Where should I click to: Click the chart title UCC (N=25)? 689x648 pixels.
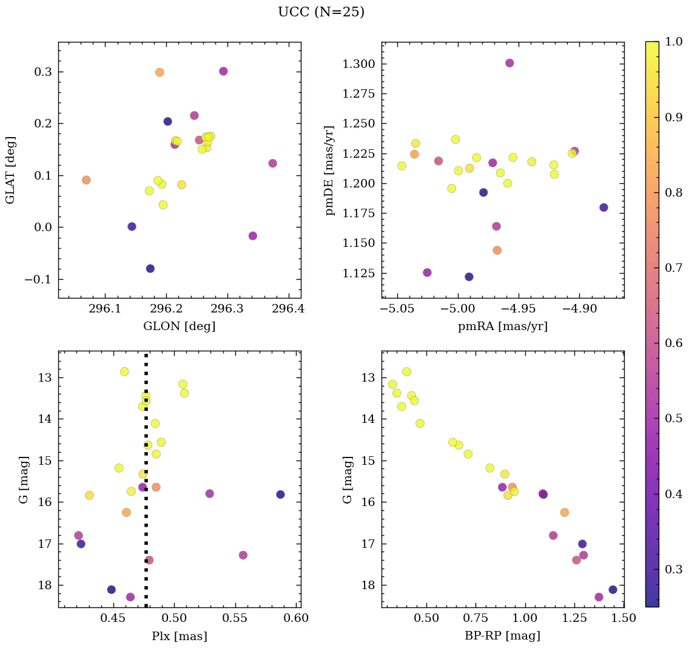[x=321, y=12]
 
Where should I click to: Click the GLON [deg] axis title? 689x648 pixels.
[x=179, y=326]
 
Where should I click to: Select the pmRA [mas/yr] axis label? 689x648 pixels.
[x=502, y=326]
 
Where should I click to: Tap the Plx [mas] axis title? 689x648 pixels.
[x=179, y=636]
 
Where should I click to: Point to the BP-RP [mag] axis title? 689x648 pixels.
[x=502, y=636]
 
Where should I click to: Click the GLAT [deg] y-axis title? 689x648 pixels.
[x=10, y=170]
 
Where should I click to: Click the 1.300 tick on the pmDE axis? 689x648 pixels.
[x=360, y=64]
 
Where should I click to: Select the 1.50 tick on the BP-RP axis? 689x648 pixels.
[x=623, y=619]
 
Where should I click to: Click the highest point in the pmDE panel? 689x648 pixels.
[x=509, y=63]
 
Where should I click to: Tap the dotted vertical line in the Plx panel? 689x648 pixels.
[x=146, y=485]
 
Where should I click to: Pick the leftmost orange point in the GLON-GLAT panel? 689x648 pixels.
[x=86, y=180]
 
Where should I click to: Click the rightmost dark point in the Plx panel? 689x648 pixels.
[x=280, y=494]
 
